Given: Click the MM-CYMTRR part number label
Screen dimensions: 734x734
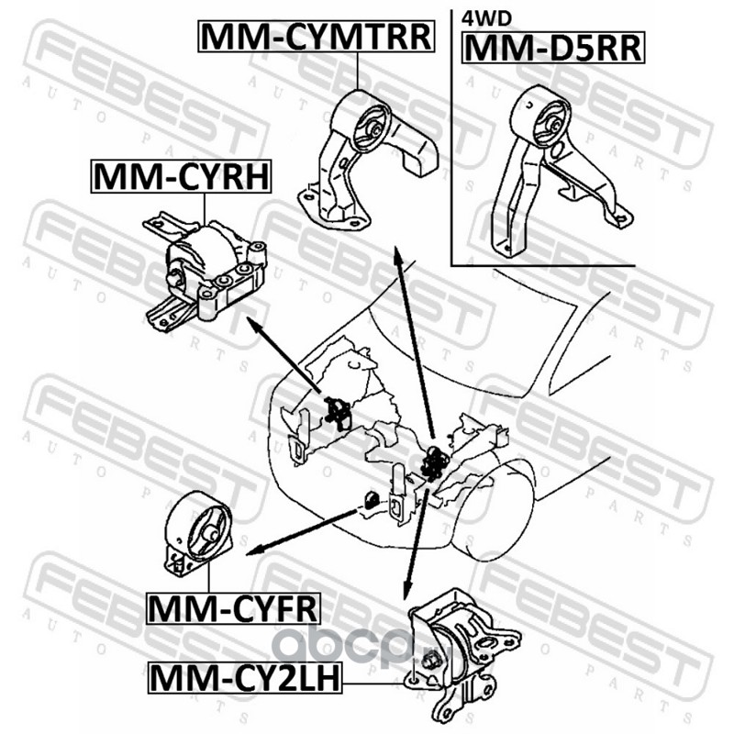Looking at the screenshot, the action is [317, 37].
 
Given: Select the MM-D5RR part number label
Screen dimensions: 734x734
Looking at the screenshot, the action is [553, 48].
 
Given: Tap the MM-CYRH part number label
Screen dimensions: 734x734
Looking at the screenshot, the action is [181, 176].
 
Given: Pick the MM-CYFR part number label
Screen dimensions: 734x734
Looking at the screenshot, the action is [233, 608].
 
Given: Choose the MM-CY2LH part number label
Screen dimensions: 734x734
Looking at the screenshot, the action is [245, 678].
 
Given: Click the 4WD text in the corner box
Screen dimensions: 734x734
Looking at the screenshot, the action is [486, 18].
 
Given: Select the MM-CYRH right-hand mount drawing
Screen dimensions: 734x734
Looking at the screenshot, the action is [205, 272].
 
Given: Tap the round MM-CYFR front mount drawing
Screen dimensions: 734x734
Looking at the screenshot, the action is [198, 536].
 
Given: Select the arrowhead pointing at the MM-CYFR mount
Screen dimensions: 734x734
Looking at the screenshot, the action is [254, 551].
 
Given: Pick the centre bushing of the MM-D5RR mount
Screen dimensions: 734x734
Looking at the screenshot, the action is [555, 126].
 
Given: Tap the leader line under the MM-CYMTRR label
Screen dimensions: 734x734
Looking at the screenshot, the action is [357, 71].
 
